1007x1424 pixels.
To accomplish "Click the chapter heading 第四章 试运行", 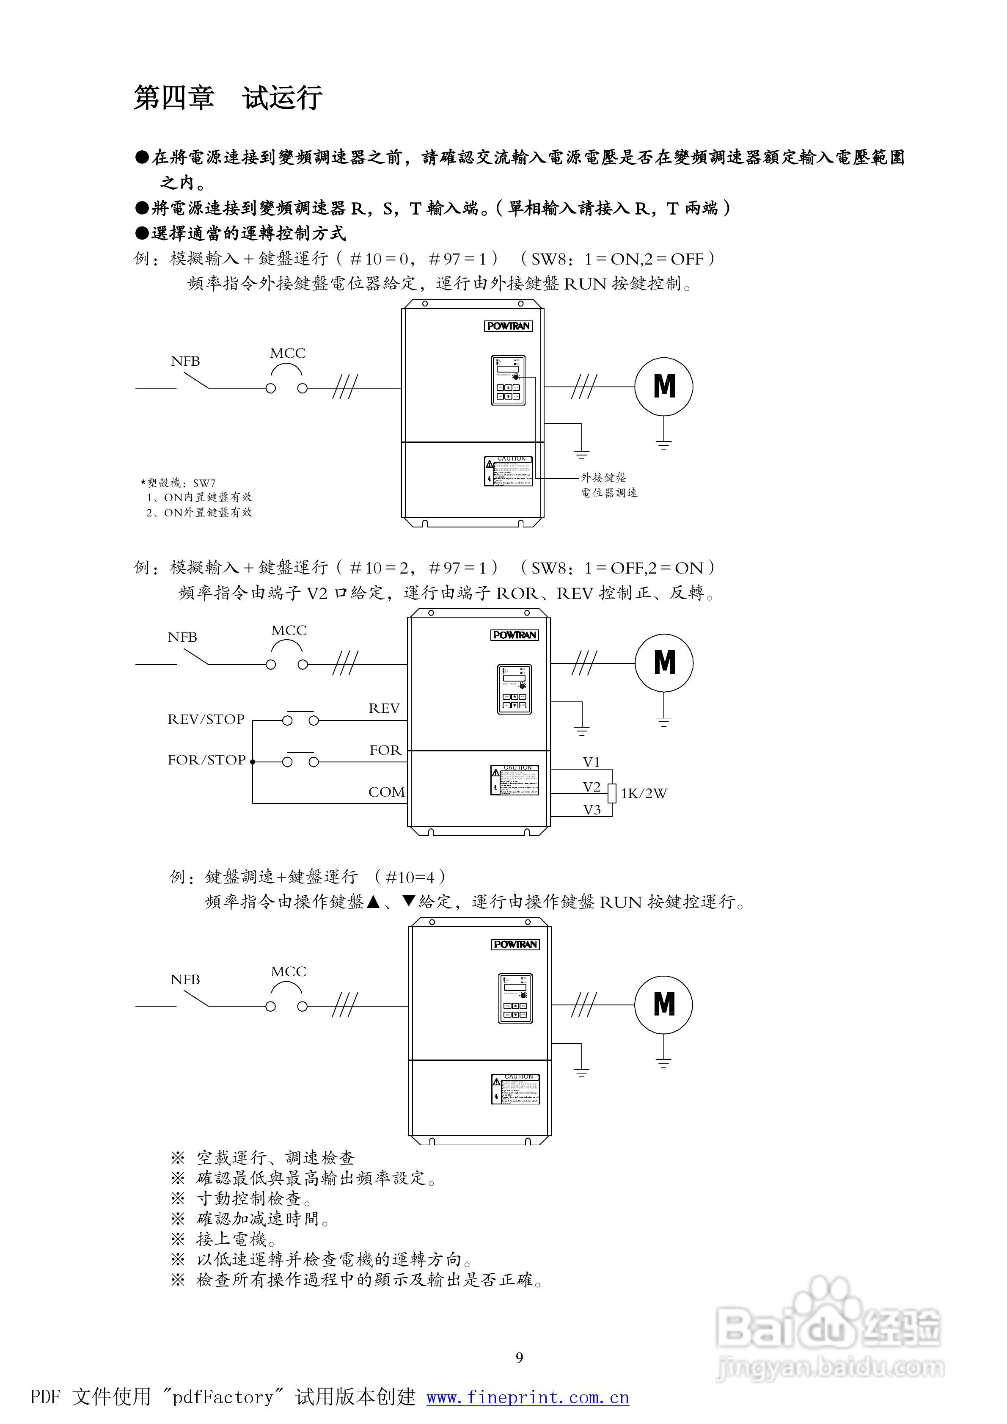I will point(228,98).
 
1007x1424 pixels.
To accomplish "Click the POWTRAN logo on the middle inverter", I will point(515,635).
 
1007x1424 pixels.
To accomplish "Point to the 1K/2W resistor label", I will point(644,793).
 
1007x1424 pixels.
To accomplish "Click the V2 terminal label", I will point(592,787).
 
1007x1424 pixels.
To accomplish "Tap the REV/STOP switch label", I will point(206,720).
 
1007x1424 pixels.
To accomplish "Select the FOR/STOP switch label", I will point(206,760).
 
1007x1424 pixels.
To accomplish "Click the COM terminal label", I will point(386,792).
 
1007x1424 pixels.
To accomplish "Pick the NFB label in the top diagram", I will point(185,361).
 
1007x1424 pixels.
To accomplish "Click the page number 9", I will point(519,1358).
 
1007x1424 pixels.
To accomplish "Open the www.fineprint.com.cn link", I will point(528,1397).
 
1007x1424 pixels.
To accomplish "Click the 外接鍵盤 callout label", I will point(603,477).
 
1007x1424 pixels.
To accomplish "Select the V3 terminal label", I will point(592,810).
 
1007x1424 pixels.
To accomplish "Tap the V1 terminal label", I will point(592,762).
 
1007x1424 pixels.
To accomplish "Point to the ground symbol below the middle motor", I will point(663,721).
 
